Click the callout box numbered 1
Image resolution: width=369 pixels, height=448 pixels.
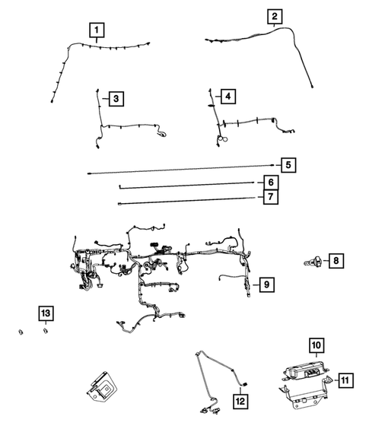(96, 30)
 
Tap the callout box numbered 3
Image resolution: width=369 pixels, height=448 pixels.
(115, 98)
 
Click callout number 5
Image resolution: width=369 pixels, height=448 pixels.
(288, 165)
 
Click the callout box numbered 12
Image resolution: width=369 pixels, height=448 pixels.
(240, 400)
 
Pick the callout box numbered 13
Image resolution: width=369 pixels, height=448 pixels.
(46, 313)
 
